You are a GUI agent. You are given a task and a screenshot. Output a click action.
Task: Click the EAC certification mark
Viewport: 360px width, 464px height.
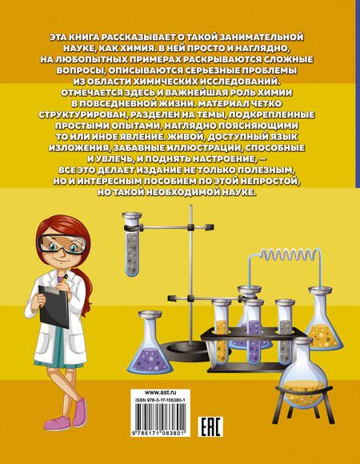tap(210, 427)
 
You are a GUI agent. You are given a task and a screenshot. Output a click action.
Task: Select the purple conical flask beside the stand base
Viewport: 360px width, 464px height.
tap(151, 342)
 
